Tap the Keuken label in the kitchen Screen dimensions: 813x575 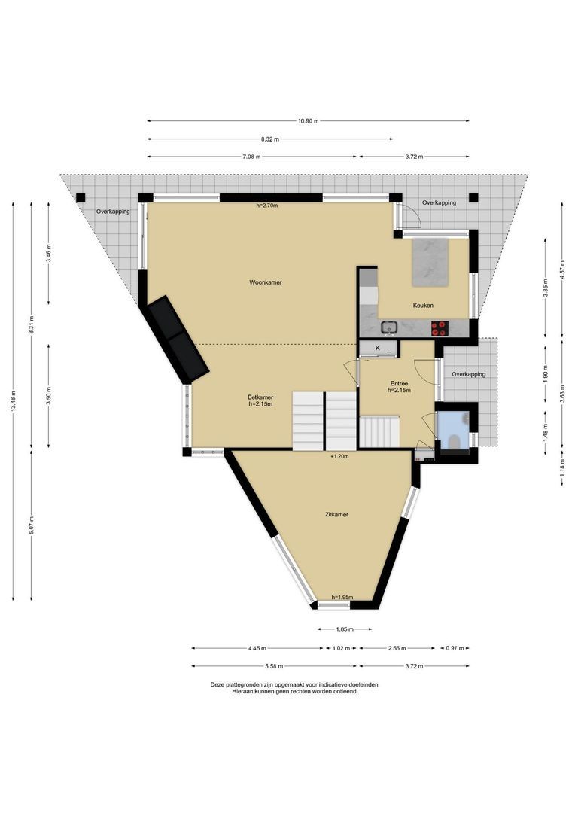pos(423,306)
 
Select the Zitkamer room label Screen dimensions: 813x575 pos(336,515)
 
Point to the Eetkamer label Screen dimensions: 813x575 pos(260,397)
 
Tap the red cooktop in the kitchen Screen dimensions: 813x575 pos(439,327)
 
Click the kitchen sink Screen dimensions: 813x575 pos(389,327)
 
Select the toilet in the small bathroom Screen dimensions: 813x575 pos(455,437)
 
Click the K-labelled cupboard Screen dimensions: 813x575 pos(378,349)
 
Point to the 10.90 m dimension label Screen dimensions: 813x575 pos(308,121)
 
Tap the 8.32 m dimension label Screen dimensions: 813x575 pos(270,139)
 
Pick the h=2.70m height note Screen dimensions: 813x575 pos(267,206)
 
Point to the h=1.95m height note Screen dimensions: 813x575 pos(342,598)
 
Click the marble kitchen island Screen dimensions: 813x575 pos(430,262)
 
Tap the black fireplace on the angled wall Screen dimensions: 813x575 pos(178,338)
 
